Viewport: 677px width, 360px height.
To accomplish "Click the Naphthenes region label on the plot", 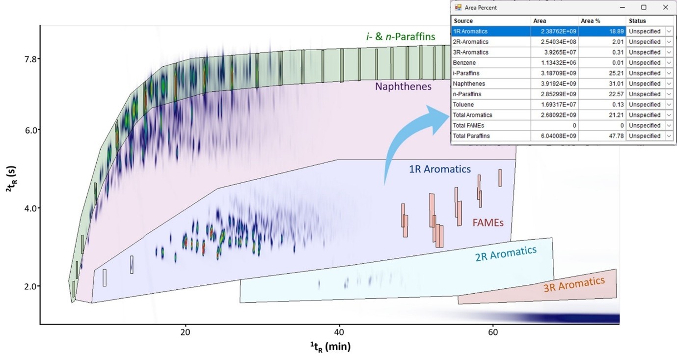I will [403, 86].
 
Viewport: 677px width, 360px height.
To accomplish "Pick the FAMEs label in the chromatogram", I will [488, 222].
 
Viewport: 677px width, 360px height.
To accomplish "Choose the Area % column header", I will [591, 21].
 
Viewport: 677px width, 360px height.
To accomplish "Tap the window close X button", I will [665, 7].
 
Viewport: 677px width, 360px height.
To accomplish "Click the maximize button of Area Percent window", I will [644, 7].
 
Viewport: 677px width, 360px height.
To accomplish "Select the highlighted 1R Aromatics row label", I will [471, 31].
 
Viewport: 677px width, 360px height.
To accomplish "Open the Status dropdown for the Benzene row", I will [669, 63].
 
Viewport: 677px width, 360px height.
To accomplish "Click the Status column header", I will [637, 21].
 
